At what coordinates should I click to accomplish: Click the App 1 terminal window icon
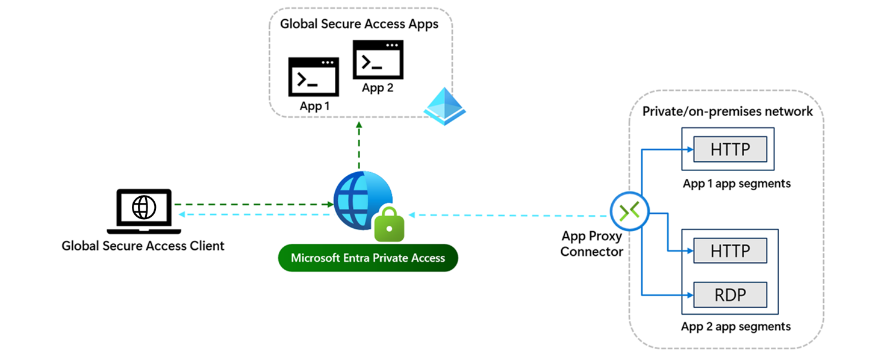[x=313, y=76]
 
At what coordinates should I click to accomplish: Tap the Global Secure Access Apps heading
[x=359, y=25]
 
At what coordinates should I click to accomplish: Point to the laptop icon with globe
[x=143, y=211]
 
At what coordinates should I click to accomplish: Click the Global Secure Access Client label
[x=143, y=246]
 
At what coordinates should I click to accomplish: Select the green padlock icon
[x=388, y=224]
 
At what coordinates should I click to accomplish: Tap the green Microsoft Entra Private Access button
[x=368, y=258]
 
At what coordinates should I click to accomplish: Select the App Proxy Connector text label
[x=591, y=244]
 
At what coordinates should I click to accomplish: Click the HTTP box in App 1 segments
[x=730, y=149]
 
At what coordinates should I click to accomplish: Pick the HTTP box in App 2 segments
[x=730, y=250]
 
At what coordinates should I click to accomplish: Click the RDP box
[x=730, y=295]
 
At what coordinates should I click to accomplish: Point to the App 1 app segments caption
[x=736, y=183]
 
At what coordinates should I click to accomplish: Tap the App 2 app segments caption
[x=735, y=326]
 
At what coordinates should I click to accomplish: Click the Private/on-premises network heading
[x=727, y=111]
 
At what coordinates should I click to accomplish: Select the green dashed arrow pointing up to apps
[x=359, y=144]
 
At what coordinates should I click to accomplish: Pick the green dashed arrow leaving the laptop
[x=253, y=204]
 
